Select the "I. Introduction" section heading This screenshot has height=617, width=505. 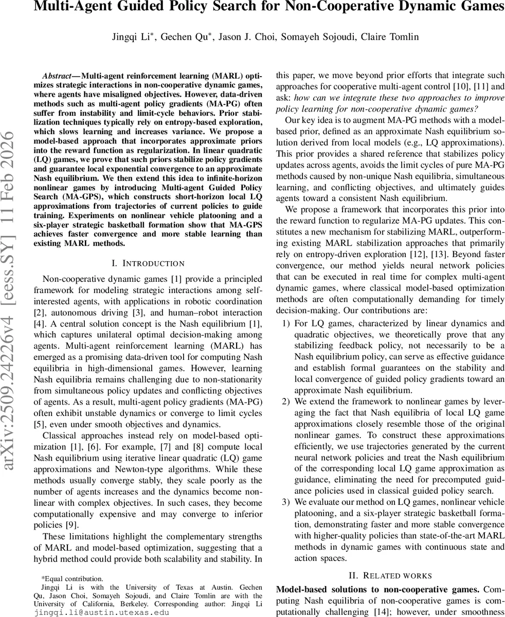[148, 264]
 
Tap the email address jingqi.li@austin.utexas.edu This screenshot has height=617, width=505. [101, 612]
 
